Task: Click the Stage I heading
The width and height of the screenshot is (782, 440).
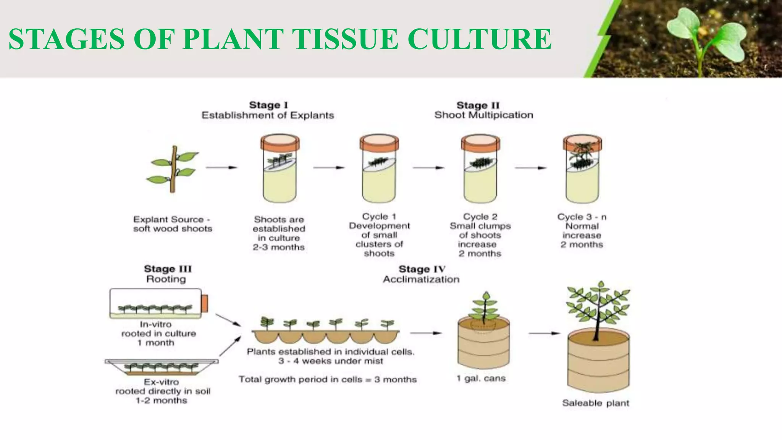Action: (268, 105)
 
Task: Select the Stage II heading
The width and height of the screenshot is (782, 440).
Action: (478, 105)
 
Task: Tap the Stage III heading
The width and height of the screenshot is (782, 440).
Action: (168, 269)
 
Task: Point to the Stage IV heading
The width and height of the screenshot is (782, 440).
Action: (422, 269)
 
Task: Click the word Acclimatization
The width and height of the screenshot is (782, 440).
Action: (421, 279)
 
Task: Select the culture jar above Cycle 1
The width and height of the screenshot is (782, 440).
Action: (379, 168)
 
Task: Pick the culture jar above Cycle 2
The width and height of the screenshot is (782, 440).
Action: (480, 168)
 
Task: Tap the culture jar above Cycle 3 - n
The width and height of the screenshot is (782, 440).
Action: (582, 168)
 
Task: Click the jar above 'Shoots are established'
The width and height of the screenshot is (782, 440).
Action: (280, 168)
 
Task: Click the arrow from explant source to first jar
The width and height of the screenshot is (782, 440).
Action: (221, 167)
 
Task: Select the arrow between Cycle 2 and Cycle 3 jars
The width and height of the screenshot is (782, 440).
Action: (531, 167)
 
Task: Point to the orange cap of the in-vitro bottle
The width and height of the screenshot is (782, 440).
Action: (205, 303)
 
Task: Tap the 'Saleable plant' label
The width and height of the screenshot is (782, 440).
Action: (596, 403)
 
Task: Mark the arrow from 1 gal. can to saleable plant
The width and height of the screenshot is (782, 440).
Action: (544, 333)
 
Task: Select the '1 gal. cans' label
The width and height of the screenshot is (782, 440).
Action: (481, 379)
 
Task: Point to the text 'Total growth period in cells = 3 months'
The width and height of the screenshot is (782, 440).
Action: (328, 379)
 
